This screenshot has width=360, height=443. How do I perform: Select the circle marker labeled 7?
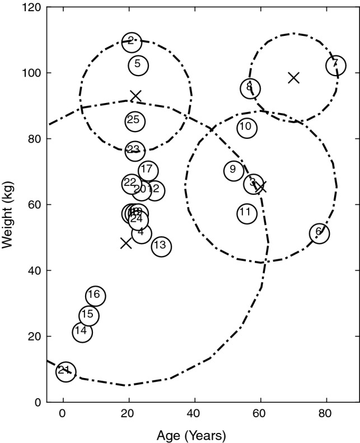click(335, 65)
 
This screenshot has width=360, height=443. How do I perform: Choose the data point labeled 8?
click(250, 88)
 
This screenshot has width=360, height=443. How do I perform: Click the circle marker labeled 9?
click(233, 170)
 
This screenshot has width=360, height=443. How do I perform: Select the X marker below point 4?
click(125, 243)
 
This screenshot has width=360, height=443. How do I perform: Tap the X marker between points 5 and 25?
click(135, 96)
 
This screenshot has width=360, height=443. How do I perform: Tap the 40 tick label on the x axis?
click(194, 414)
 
